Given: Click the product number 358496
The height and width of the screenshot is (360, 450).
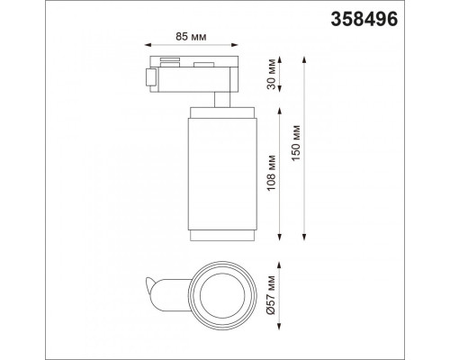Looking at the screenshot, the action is (x=364, y=19).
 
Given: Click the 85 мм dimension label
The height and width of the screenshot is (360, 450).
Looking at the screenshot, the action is (x=191, y=37).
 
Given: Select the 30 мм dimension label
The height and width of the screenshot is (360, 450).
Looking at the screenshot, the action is (x=272, y=75).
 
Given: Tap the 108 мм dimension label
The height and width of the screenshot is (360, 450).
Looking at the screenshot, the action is (x=272, y=173).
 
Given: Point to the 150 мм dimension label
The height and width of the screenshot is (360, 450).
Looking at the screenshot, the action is (x=296, y=143).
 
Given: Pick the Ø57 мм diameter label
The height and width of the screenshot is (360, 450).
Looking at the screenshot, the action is (x=271, y=294).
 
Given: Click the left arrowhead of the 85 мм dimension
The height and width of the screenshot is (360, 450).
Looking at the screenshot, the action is (x=148, y=45).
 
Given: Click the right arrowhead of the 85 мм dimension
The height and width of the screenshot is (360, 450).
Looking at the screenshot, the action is (x=235, y=45).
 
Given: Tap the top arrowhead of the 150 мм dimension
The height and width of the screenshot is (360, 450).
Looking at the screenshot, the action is (x=304, y=59).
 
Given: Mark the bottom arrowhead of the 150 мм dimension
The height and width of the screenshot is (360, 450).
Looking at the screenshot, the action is (x=304, y=237).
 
